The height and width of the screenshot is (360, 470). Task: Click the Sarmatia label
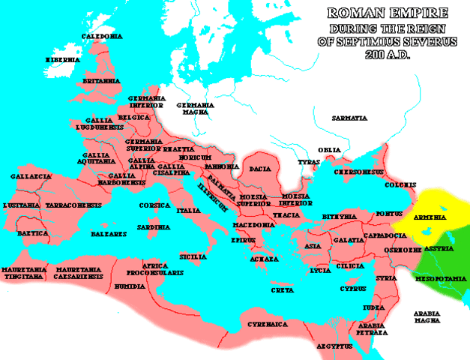(x=351, y=118)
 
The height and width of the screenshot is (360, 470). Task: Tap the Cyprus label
(x=352, y=288)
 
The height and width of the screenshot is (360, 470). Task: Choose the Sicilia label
(x=193, y=256)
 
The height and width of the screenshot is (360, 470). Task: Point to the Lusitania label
(x=22, y=204)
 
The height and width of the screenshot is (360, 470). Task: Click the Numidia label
(x=126, y=286)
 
